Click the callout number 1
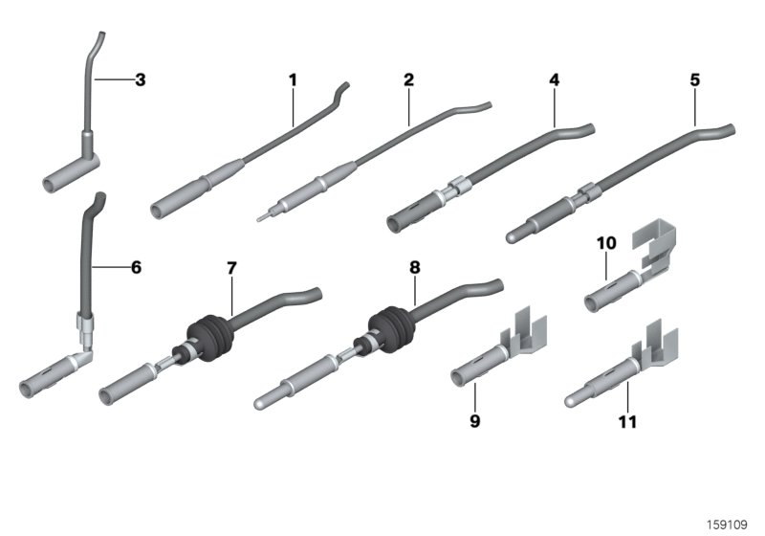tap(294, 79)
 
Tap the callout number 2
tap(408, 79)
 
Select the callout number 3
tap(140, 79)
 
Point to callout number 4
tap(554, 79)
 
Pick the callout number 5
tap(694, 79)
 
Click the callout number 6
tap(136, 267)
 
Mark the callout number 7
tap(230, 267)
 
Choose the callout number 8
tap(414, 267)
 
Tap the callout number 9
tap(473, 418)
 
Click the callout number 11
tap(627, 418)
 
